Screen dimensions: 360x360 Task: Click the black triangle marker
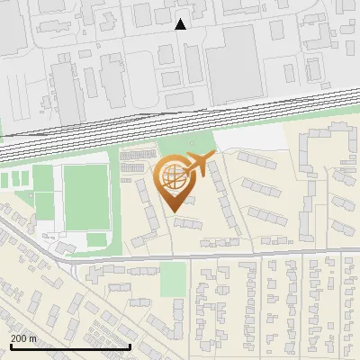tap(181, 24)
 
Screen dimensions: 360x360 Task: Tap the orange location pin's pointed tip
tap(174, 211)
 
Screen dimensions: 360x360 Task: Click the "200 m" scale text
tap(23, 337)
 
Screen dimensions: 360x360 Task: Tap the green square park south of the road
tap(174, 280)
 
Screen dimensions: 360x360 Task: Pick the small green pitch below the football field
tap(96, 240)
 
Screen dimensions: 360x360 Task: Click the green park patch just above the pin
tap(184, 144)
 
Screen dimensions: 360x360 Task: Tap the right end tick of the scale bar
tap(130, 346)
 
